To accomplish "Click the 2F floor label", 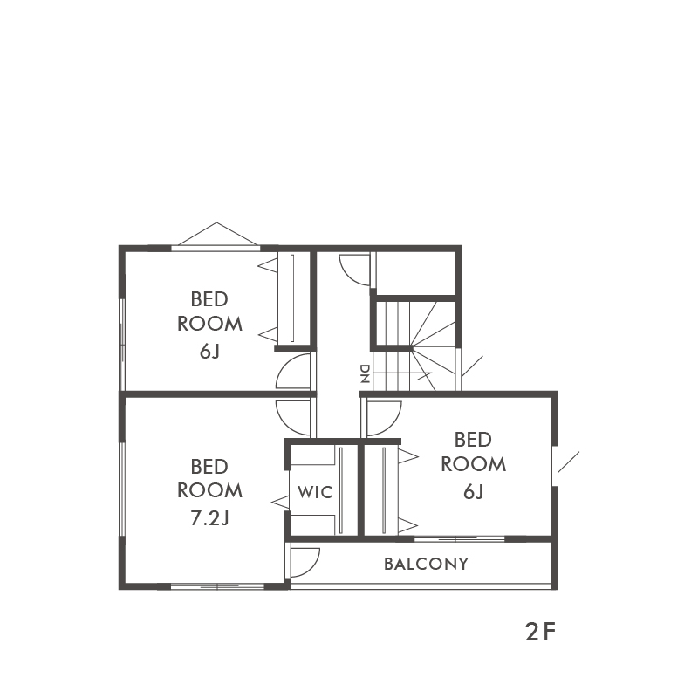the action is (540, 632).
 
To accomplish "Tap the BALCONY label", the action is (426, 564).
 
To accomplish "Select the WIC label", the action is (315, 492).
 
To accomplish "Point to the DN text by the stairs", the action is (365, 374).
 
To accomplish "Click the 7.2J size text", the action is (209, 518).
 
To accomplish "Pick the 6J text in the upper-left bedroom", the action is (209, 352).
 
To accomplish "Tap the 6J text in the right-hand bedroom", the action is (473, 492).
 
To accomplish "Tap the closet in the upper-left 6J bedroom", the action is (293, 298).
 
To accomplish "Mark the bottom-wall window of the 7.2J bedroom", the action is (217, 586).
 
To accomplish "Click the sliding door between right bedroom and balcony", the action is (459, 539).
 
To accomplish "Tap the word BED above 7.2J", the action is (209, 467).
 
